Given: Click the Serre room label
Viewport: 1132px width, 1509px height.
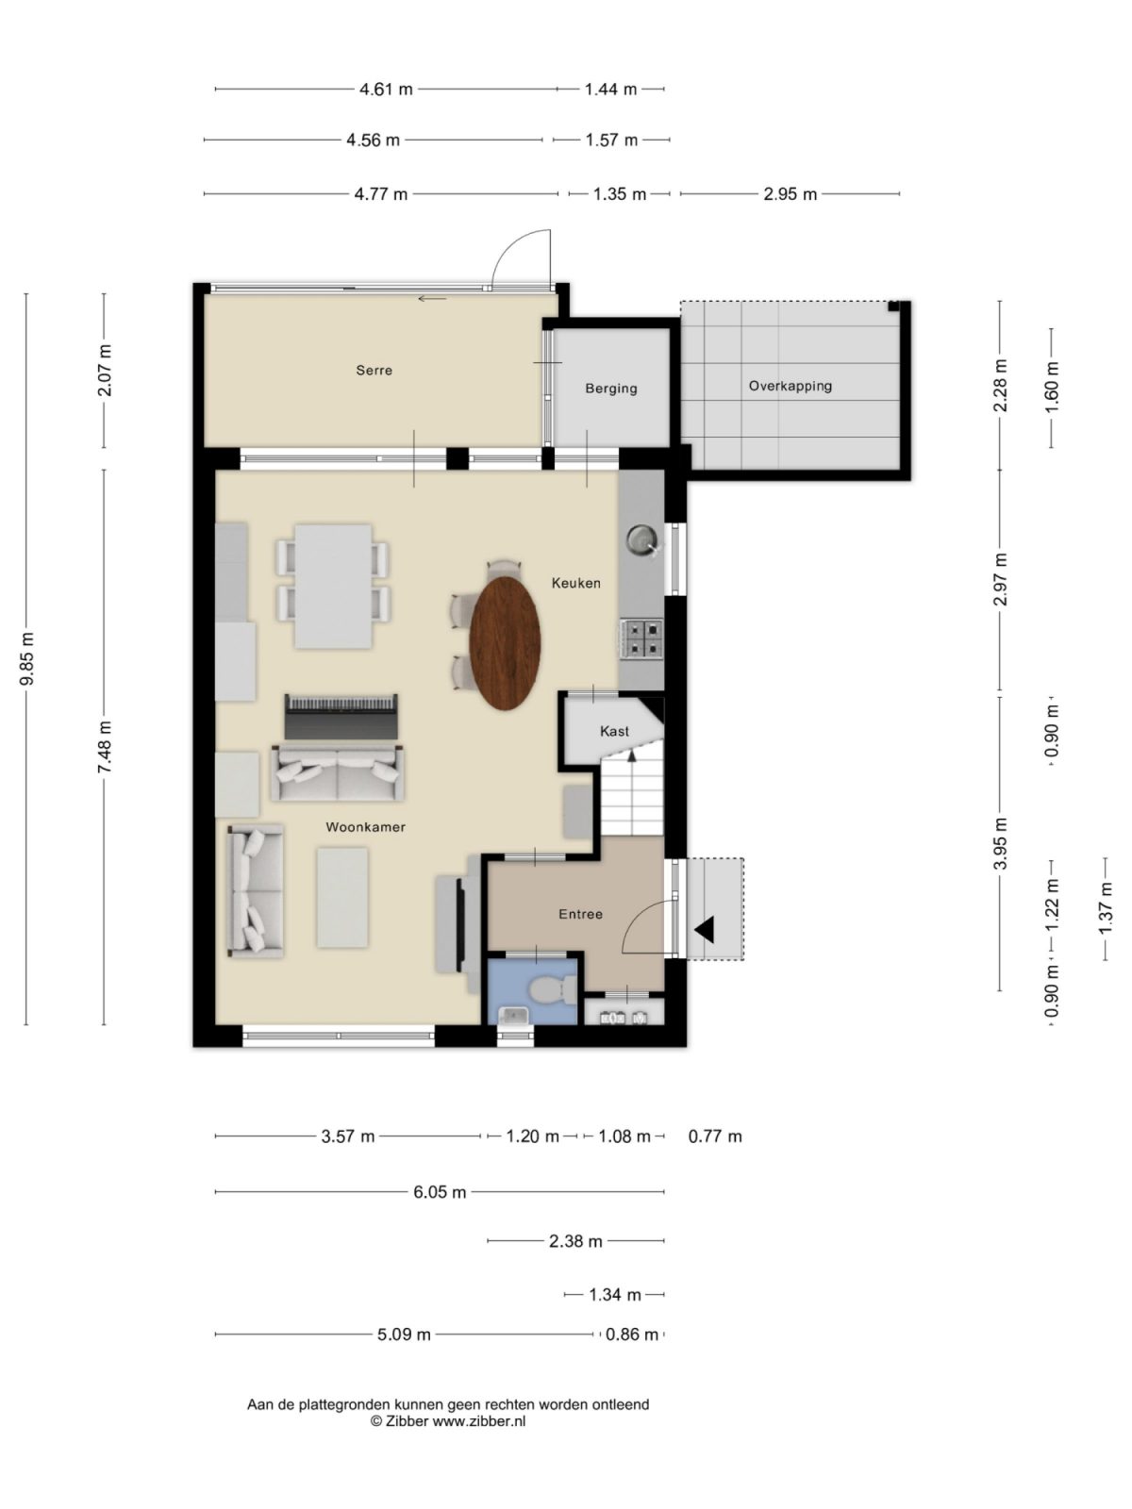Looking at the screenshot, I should pyautogui.click(x=374, y=371).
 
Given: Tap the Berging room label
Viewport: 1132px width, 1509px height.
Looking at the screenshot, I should pyautogui.click(x=610, y=389).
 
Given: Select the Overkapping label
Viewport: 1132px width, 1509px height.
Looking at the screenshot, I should pyautogui.click(x=790, y=386).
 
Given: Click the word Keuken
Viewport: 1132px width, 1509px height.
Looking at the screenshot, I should pyautogui.click(x=575, y=583).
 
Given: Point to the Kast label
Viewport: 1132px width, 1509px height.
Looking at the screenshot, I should pyautogui.click(x=614, y=731).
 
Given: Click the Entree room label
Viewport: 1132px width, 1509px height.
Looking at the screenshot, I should pyautogui.click(x=580, y=914).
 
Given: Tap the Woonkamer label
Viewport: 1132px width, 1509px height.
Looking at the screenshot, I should pyautogui.click(x=365, y=827).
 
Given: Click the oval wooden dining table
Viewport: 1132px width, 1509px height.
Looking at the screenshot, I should pyautogui.click(x=506, y=643).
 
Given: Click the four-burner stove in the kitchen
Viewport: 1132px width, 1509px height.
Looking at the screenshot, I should pyautogui.click(x=641, y=638).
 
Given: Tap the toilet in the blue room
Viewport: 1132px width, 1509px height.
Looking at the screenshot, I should pyautogui.click(x=552, y=990).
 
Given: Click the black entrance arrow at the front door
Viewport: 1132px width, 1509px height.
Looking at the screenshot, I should pyautogui.click(x=705, y=930).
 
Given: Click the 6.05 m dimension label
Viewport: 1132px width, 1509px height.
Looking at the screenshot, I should pyautogui.click(x=440, y=1192).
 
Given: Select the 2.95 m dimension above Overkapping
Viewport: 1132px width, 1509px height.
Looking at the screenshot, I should pyautogui.click(x=790, y=194).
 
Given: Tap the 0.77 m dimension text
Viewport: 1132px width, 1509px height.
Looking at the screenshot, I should pyautogui.click(x=715, y=1136).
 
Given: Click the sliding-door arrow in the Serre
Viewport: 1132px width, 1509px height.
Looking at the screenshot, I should pyautogui.click(x=432, y=299).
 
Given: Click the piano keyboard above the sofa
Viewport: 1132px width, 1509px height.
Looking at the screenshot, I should pyautogui.click(x=341, y=705).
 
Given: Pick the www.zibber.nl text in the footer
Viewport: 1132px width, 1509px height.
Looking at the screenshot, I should pyautogui.click(x=479, y=1421).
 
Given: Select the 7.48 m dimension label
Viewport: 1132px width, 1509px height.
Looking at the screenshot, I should pyautogui.click(x=105, y=748).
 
